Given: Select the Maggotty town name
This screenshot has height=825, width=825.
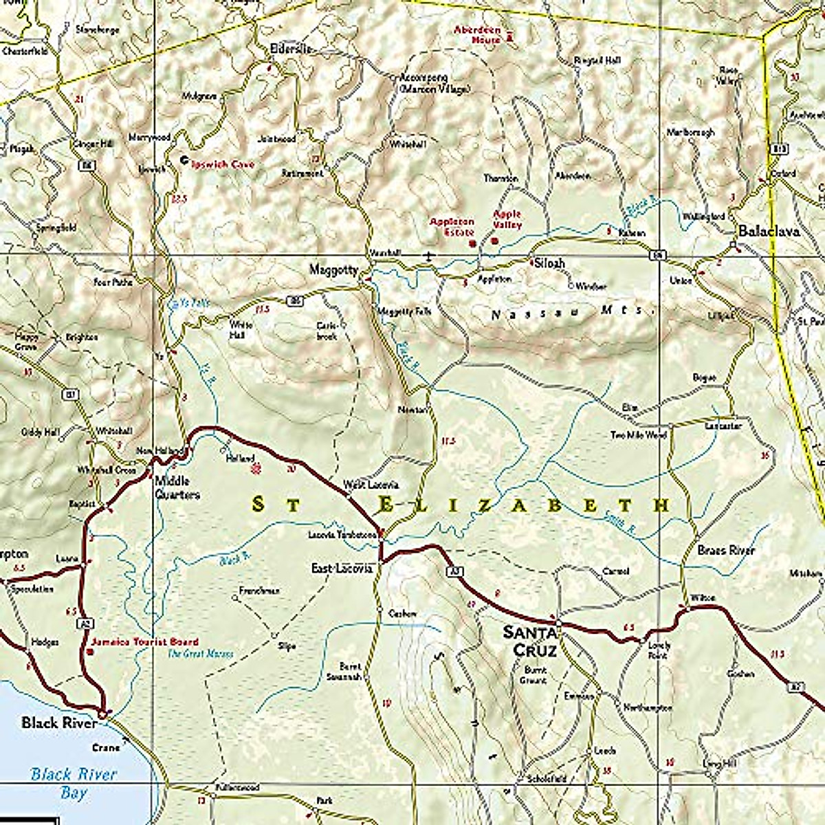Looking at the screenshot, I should pos(333,270).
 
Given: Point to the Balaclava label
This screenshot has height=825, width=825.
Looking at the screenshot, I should pos(769,232).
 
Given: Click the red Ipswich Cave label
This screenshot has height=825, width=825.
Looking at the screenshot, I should pos(223,165).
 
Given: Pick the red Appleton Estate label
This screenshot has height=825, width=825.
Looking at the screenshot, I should pos(452,227).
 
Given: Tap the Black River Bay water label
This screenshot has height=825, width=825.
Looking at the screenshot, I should pos(74,783).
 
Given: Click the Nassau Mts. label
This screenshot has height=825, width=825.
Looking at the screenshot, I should pos(571,314).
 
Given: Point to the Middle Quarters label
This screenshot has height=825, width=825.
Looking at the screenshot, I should pos(177,487).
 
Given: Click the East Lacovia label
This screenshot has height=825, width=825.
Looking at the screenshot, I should pos(342,569).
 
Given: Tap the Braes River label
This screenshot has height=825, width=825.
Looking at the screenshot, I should pos(725,551).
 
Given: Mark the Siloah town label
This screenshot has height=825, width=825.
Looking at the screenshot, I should pos(548,263).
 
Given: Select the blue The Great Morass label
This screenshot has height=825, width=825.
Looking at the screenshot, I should pos(201,654).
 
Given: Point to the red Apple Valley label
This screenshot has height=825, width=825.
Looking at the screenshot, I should pos(507,219).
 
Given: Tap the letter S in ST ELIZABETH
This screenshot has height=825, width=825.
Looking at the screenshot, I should pos(258,505).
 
